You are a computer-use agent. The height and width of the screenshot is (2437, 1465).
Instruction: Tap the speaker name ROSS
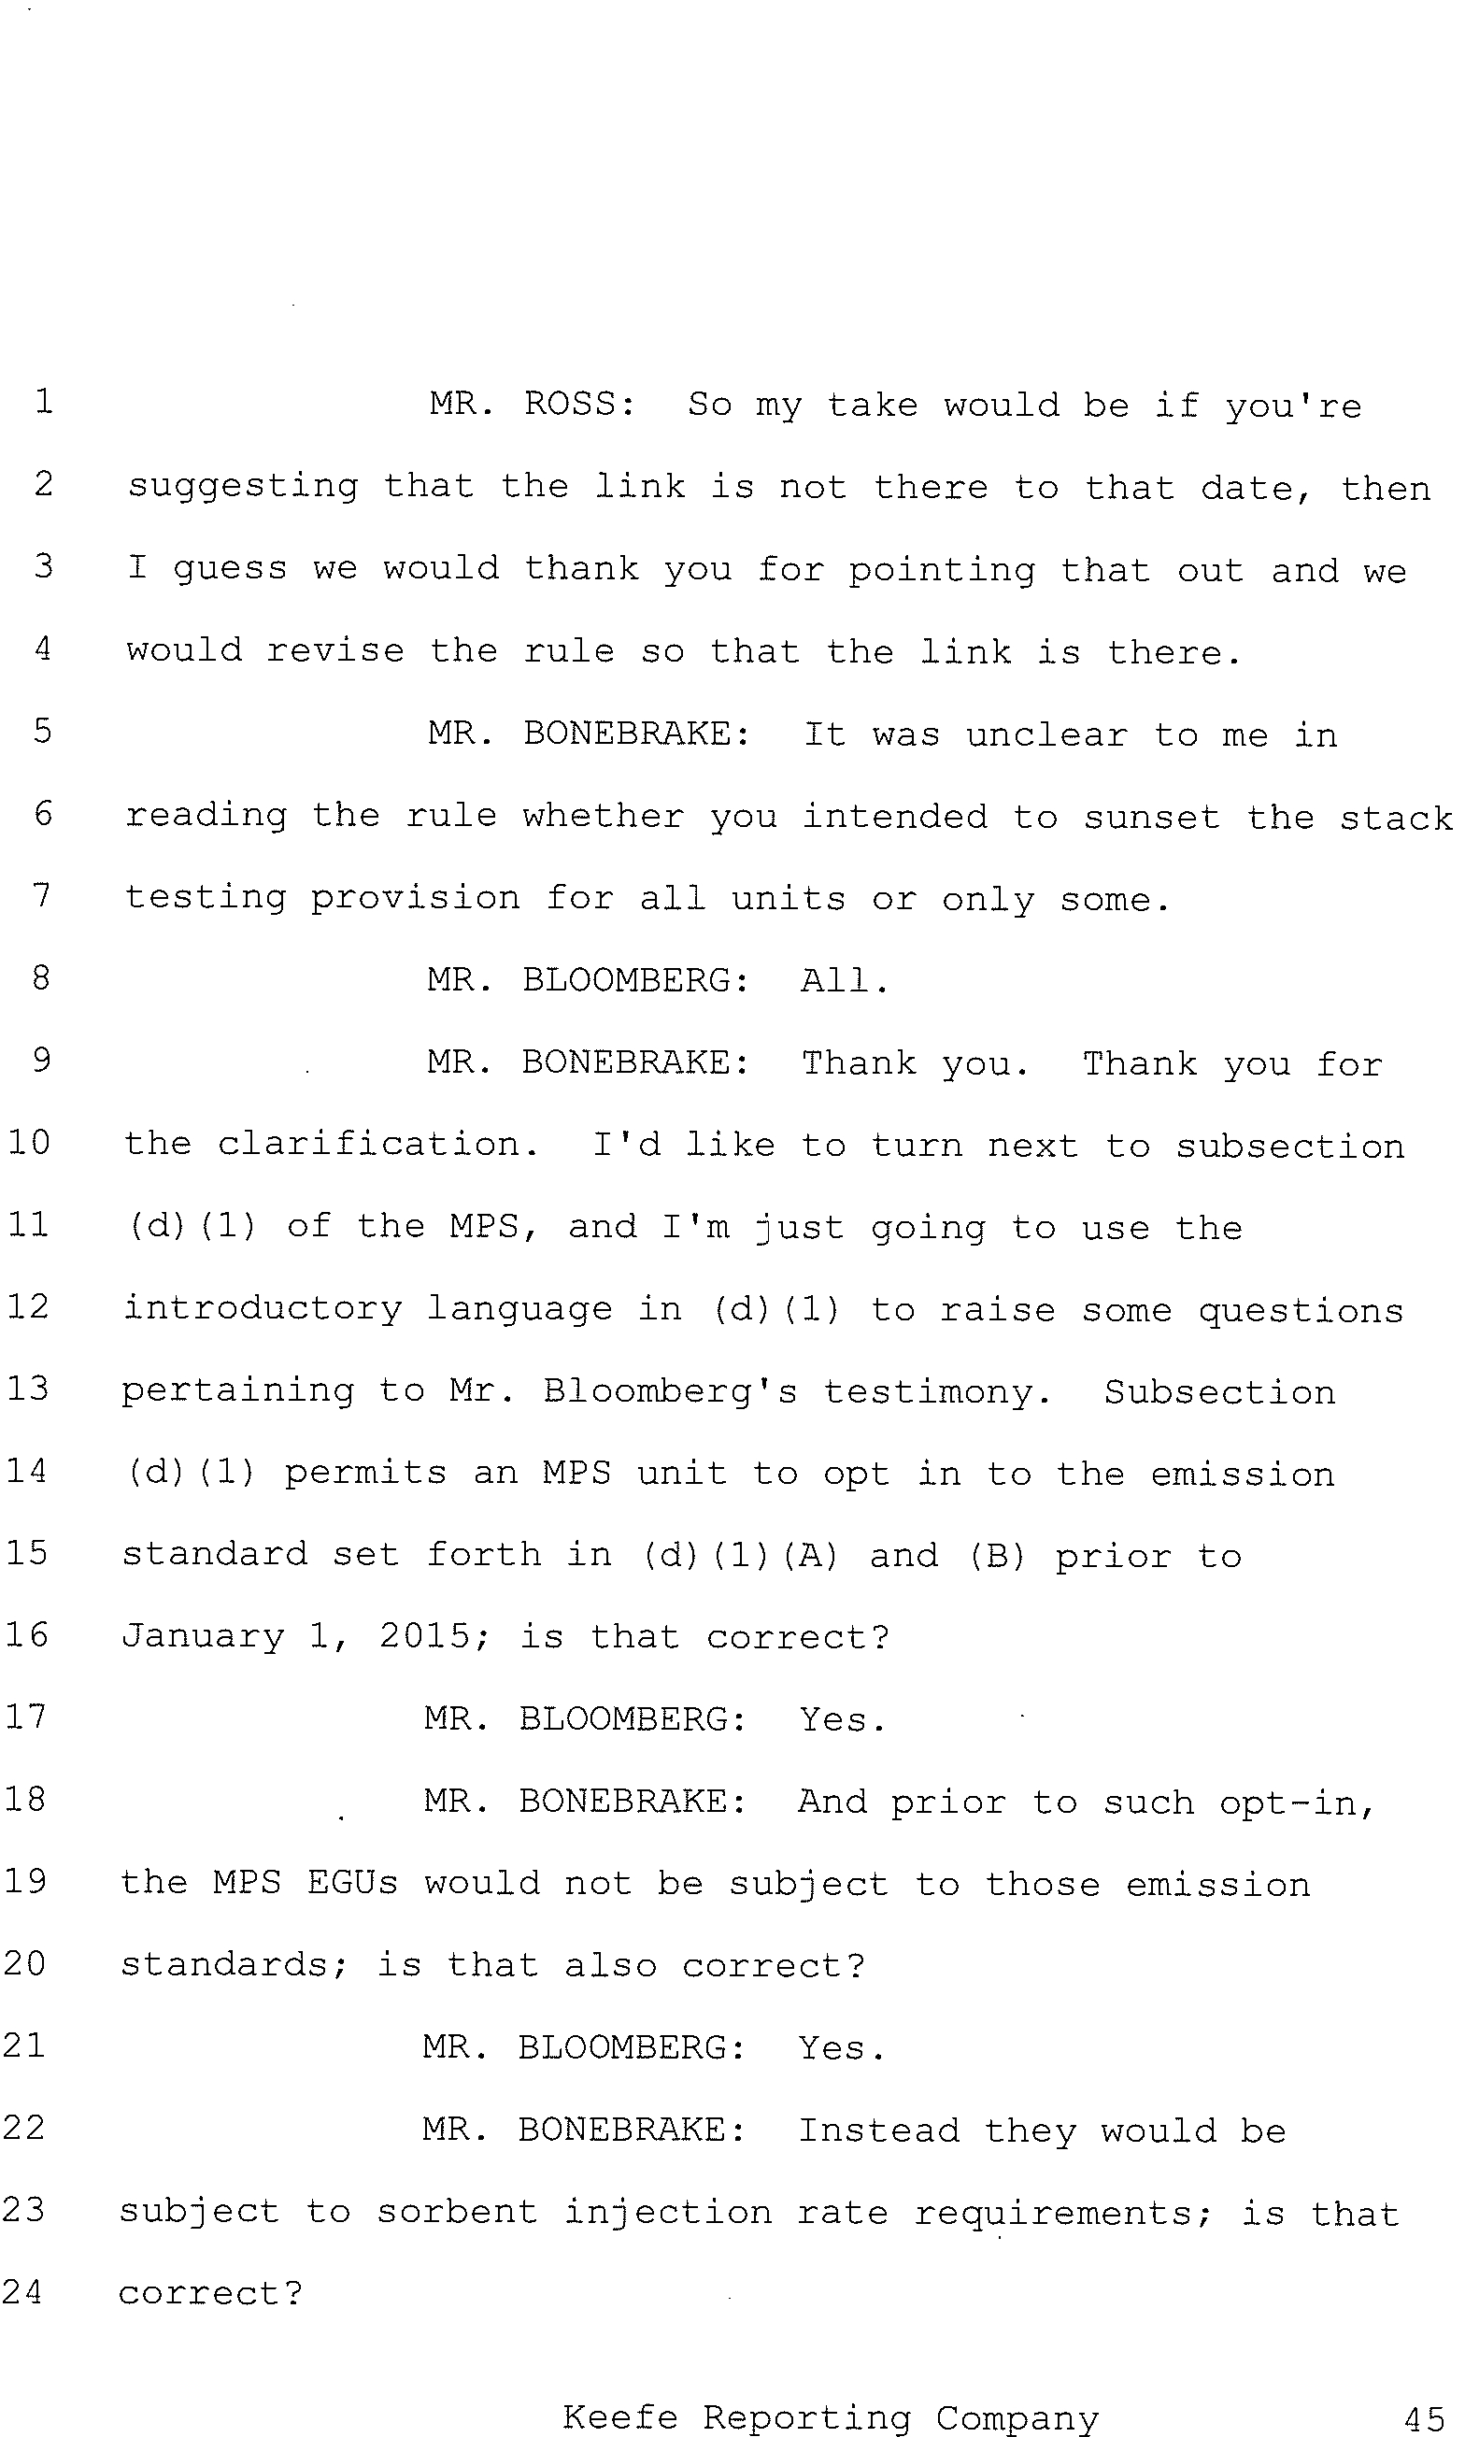(579, 404)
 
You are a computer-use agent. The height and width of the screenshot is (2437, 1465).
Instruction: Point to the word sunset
(1152, 818)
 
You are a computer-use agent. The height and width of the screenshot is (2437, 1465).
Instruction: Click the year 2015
(434, 1635)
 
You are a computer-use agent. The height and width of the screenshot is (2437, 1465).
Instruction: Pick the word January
(204, 1636)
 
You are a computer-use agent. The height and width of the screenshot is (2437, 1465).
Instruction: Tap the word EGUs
(352, 1882)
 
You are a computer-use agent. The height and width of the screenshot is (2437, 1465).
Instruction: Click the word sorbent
(457, 2211)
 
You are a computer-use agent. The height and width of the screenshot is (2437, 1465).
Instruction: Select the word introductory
(263, 1309)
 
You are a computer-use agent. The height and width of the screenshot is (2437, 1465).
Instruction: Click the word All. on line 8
(844, 980)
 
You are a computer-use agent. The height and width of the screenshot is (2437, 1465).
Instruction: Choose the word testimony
(938, 1391)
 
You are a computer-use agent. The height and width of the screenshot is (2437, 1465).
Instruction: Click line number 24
(22, 2292)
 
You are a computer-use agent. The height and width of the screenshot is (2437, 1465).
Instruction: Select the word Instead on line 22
(878, 2130)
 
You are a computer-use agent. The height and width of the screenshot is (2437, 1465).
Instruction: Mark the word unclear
(1046, 734)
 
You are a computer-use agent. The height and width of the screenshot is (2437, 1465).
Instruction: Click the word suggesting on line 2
(243, 488)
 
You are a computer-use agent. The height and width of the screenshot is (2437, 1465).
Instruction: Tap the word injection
(668, 2213)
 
